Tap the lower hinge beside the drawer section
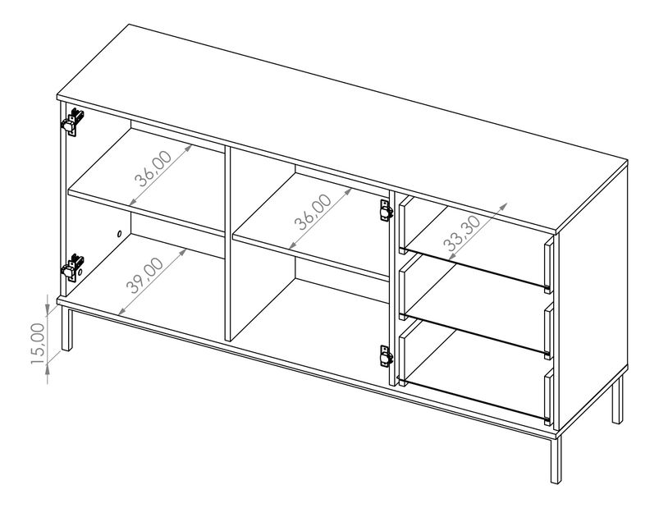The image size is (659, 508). [x=386, y=355]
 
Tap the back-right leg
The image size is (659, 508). [x=615, y=402]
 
